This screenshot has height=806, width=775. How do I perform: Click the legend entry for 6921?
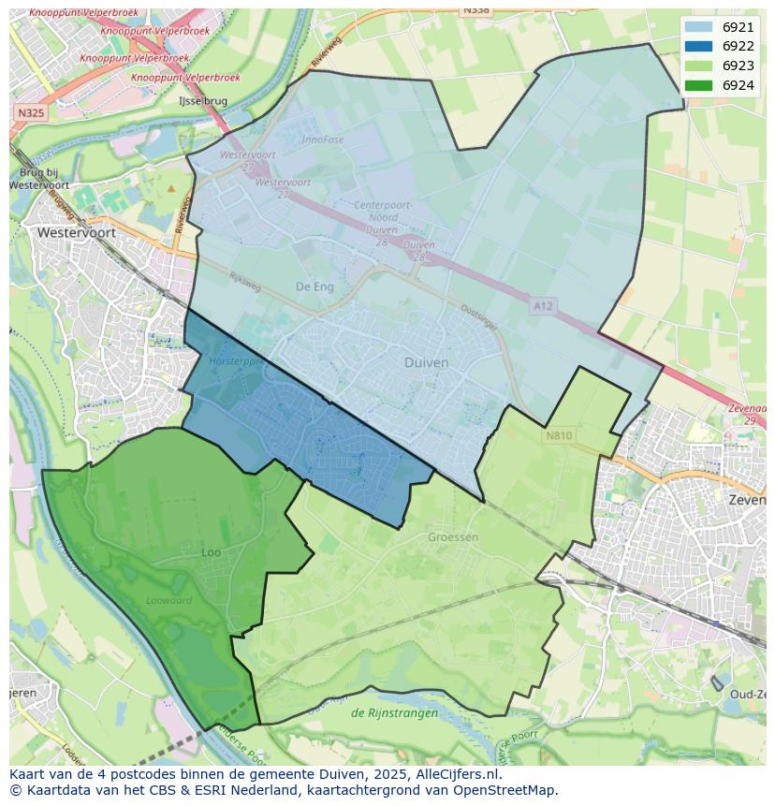pos(738,28)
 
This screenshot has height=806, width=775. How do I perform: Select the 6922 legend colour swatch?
pos(697,47)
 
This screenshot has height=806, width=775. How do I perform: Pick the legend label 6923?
pos(738,66)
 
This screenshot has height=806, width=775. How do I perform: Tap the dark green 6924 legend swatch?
pos(697,85)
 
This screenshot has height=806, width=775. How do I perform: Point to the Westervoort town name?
pos(76,232)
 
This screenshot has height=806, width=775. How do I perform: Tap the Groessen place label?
pos(453,537)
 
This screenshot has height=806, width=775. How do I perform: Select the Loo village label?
pos(212,552)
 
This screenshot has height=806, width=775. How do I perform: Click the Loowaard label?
pos(168,601)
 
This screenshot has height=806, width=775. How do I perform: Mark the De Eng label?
pos(314,286)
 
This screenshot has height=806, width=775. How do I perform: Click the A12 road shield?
pos(543,306)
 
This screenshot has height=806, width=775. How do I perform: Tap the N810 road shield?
pos(558,435)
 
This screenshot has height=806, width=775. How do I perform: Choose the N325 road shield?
pos(30,112)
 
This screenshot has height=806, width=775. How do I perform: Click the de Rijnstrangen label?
pos(394,713)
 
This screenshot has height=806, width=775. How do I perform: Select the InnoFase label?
pos(324,139)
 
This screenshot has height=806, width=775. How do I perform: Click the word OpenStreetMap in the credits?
pos(504,790)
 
